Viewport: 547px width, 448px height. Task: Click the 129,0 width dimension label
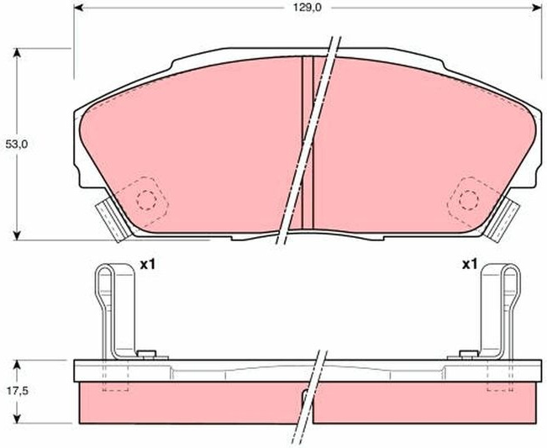tap(307, 8)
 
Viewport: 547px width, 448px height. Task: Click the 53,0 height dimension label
tap(17, 144)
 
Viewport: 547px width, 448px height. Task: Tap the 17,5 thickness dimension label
tap(17, 391)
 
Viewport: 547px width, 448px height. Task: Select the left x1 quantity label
tap(147, 265)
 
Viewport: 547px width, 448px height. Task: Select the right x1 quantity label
tap(469, 265)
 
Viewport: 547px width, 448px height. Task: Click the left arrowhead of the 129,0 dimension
tap(78, 8)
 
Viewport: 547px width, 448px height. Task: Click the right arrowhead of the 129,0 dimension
tap(537, 8)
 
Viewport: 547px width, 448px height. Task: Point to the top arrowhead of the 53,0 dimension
tap(17, 53)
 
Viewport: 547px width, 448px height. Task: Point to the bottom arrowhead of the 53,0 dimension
tap(17, 235)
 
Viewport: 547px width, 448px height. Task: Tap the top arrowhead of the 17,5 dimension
tap(17, 365)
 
